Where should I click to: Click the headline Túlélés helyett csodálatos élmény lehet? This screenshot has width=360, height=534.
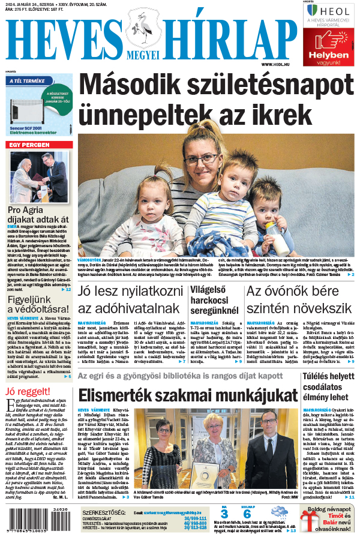[x=329, y=386]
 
